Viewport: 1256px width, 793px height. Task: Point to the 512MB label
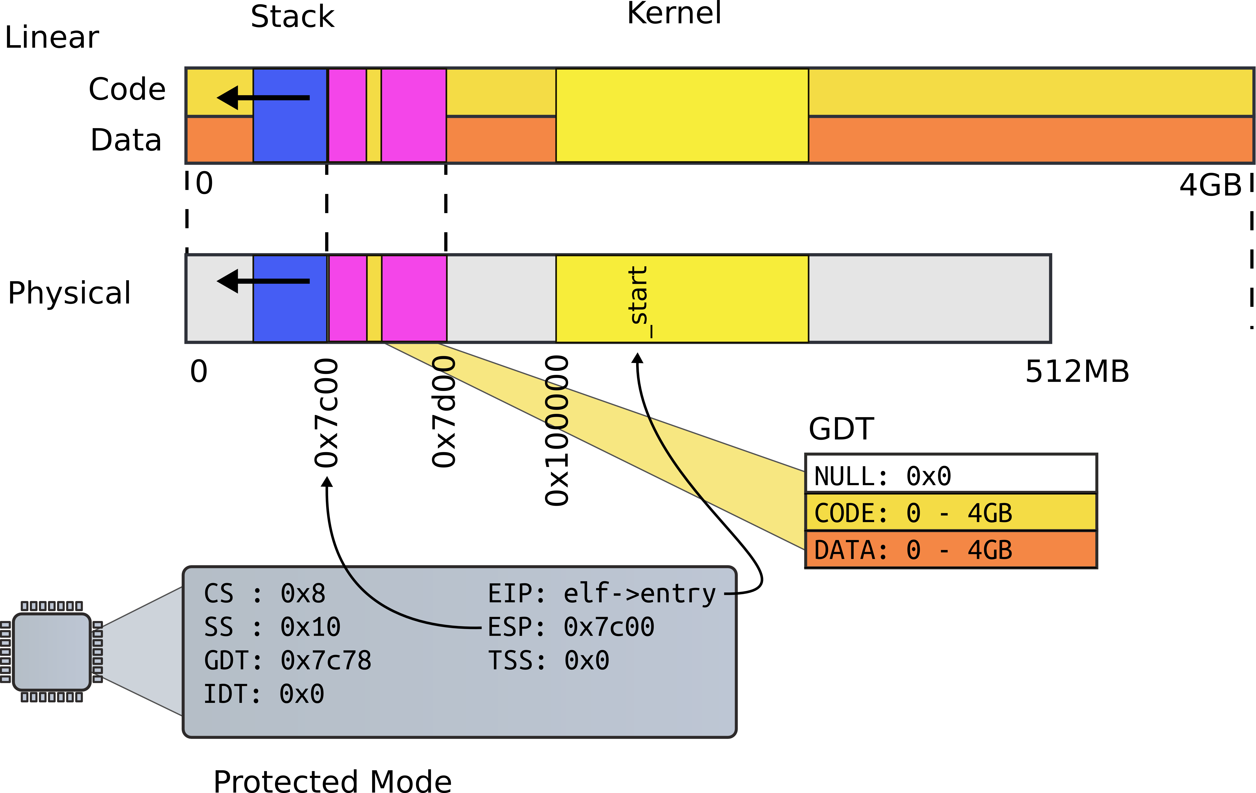pos(1077,372)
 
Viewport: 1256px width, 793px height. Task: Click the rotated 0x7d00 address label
pos(444,412)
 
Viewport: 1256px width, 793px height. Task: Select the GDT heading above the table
pos(841,429)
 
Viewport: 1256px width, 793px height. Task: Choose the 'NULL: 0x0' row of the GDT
pos(950,476)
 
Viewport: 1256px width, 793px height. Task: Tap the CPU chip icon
pos(52,652)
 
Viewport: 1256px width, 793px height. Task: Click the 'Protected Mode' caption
pos(332,781)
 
